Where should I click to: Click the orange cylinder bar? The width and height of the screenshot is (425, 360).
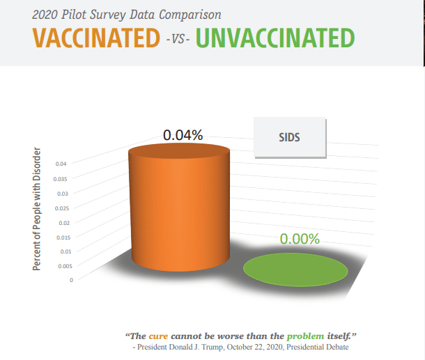tap(179, 208)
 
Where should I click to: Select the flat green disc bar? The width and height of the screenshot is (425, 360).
tap(295, 269)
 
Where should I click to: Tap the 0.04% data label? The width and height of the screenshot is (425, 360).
tap(183, 135)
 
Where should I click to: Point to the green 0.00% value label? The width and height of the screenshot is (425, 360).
tap(300, 239)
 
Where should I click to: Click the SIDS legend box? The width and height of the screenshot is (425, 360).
tap(290, 137)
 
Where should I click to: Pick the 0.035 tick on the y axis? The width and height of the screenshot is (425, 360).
tap(60, 179)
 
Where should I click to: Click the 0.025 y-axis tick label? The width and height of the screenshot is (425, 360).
tap(62, 208)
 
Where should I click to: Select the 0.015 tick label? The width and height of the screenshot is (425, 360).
tap(63, 237)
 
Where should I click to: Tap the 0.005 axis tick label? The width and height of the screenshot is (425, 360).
tap(65, 266)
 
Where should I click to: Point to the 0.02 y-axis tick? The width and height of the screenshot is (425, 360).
tap(64, 223)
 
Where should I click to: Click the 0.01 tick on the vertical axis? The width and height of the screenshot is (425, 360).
tap(66, 251)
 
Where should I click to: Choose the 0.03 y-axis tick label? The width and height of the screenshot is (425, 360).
tap(63, 194)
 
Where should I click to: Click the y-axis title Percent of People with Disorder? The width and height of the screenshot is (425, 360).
tap(37, 209)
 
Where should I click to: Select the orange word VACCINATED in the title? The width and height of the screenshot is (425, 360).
tap(96, 38)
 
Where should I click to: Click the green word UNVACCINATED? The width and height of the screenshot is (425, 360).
tap(275, 38)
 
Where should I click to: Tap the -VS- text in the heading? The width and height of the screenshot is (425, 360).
tap(178, 39)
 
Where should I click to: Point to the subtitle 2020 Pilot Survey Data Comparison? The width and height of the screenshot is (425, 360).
tap(127, 15)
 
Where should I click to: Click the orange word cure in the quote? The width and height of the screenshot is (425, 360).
tap(158, 336)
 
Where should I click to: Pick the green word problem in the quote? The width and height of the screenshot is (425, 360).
tap(305, 336)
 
